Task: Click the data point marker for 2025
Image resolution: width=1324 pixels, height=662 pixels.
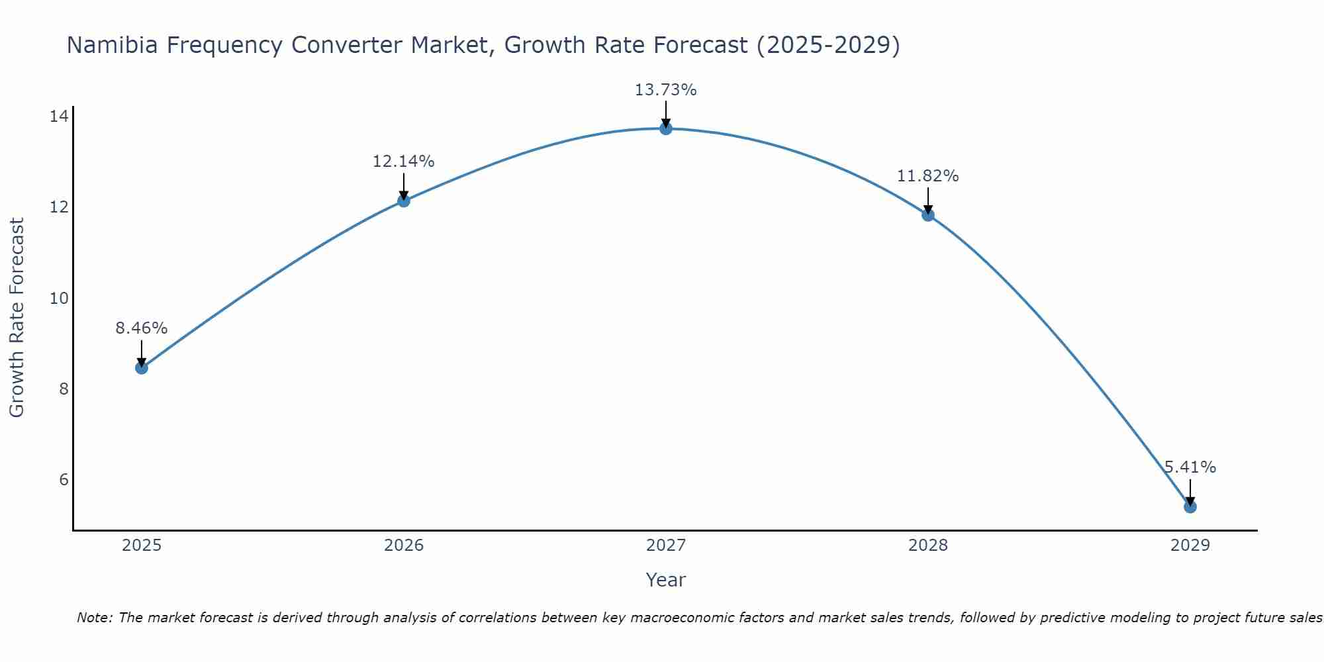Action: tap(142, 367)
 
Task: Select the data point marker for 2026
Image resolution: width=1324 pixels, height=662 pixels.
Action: tap(404, 201)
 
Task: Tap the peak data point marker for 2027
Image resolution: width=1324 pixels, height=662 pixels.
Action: tap(666, 128)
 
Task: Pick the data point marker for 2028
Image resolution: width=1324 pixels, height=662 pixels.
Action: tap(928, 214)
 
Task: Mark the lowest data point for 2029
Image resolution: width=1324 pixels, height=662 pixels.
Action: tap(1190, 506)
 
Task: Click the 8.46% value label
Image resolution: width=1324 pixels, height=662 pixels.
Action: tap(142, 328)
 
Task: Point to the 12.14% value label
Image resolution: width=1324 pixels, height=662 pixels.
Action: tap(403, 162)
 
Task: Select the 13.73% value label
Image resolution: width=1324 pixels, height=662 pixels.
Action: tap(665, 90)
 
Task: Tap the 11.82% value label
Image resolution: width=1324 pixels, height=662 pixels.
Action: tap(927, 176)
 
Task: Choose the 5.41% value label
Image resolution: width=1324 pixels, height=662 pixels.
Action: tap(1190, 467)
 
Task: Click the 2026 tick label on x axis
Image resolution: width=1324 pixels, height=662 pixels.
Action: tap(404, 545)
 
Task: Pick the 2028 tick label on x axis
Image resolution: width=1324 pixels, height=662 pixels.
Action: tap(928, 545)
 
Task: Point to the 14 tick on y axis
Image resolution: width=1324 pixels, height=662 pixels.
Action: tap(59, 117)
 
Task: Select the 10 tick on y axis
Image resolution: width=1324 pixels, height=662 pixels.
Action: tap(59, 299)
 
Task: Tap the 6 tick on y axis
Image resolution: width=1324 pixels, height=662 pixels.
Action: tap(64, 480)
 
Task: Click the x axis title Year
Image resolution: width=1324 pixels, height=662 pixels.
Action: tap(665, 580)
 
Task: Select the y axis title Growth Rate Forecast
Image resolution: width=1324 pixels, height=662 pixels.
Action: tap(17, 318)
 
